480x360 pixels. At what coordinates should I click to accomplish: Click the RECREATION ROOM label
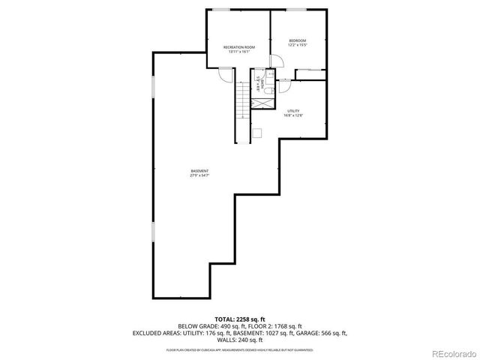[x=239, y=47]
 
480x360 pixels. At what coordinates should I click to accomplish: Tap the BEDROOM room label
[x=298, y=40]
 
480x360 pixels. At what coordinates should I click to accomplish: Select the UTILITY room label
[x=292, y=110]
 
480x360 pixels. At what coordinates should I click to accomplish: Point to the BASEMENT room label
[x=199, y=171]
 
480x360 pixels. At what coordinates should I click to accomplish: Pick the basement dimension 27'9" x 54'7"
[x=199, y=176]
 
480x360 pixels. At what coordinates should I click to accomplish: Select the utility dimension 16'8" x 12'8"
[x=292, y=115]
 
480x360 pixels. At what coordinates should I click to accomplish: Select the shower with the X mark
[x=262, y=100]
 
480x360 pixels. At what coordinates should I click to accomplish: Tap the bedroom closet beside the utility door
[x=310, y=73]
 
